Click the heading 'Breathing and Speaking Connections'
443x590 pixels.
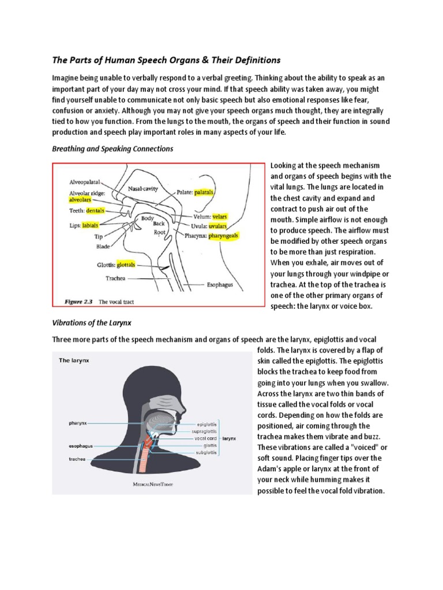coord(112,149)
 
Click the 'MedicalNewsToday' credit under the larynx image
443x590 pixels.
coord(153,485)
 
